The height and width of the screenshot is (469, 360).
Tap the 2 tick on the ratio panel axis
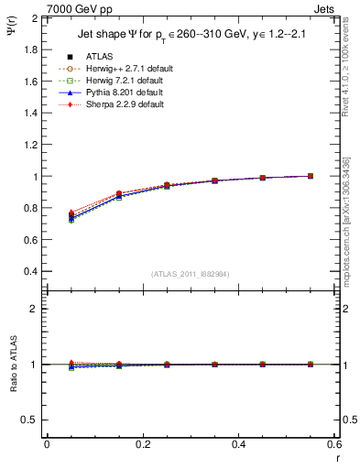35,309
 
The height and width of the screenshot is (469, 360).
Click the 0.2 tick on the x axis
142,444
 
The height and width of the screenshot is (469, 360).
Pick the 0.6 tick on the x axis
334,444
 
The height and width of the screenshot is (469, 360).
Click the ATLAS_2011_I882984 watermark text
190,274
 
